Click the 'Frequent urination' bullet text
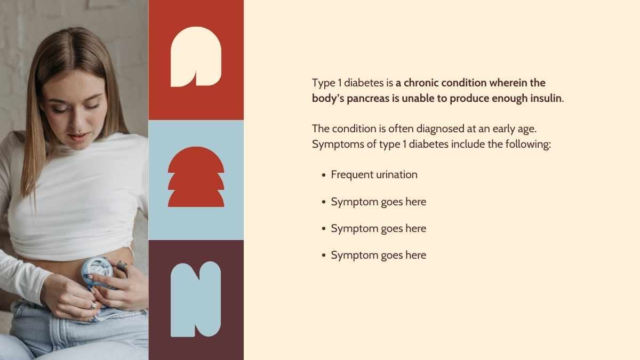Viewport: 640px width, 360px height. pyautogui.click(x=374, y=174)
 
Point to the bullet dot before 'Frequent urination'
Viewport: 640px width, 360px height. pyautogui.click(x=323, y=175)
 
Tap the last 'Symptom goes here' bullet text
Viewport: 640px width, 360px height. pyautogui.click(x=378, y=255)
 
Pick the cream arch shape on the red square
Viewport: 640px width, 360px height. pyautogui.click(x=196, y=57)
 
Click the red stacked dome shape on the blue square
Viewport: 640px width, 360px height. pyautogui.click(x=196, y=177)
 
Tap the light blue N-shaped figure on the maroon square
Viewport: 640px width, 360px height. pyautogui.click(x=196, y=299)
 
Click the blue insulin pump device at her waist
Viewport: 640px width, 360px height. pyautogui.click(x=97, y=272)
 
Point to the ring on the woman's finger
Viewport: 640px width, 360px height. pyautogui.click(x=93, y=305)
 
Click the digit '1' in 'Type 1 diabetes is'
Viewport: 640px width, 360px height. pyautogui.click(x=339, y=83)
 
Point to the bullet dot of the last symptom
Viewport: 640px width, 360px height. pyautogui.click(x=323, y=255)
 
